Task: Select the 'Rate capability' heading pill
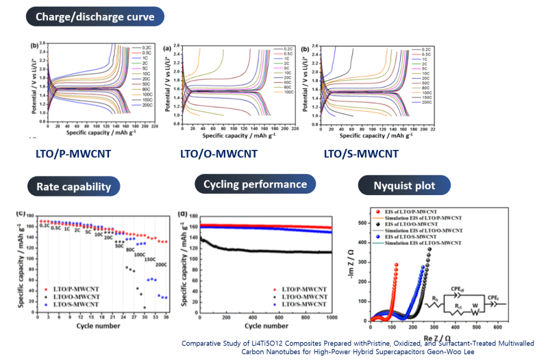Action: point(73,185)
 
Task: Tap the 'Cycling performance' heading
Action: point(255,184)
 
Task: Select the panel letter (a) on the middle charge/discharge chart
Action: point(167,49)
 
